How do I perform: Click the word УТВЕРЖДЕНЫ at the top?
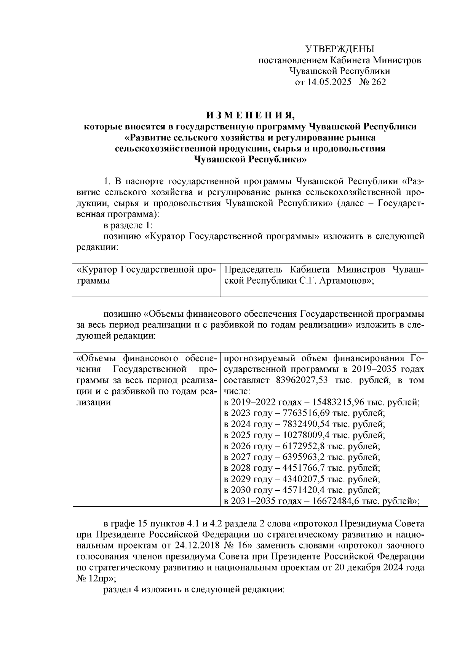[340, 49]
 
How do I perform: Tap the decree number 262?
[377, 82]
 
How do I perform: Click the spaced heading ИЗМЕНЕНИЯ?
[250, 115]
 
